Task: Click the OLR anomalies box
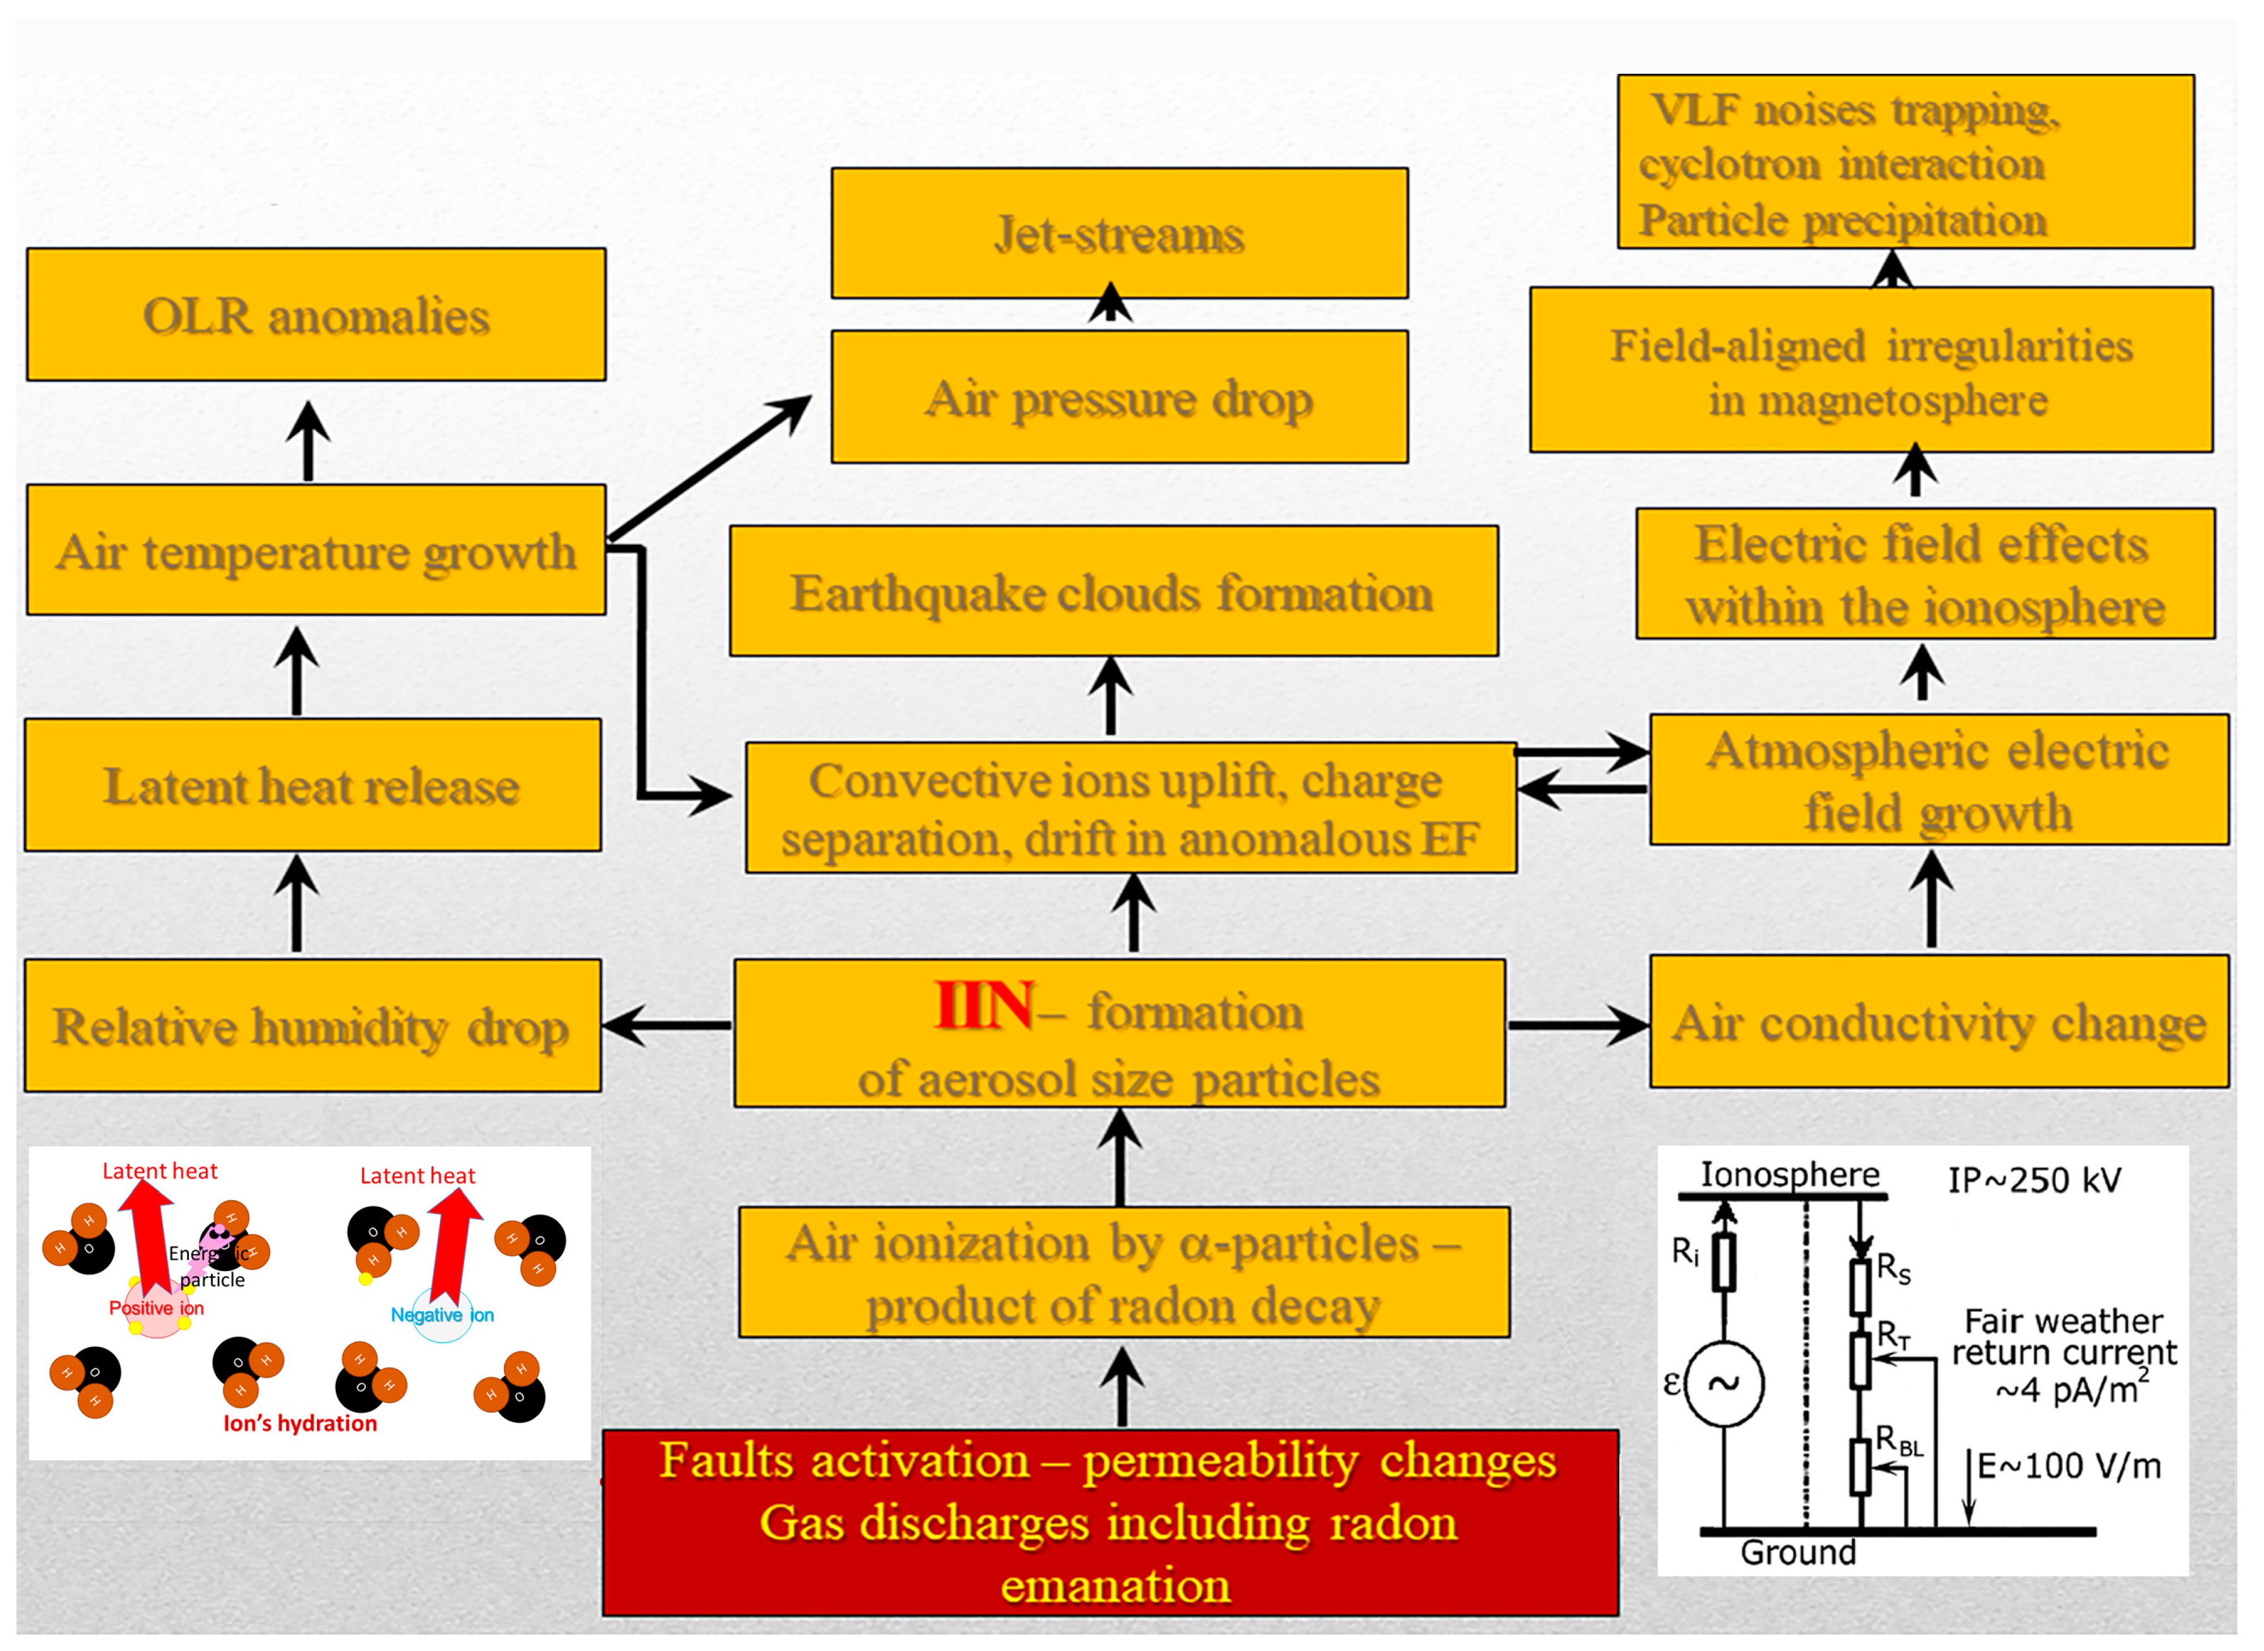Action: (x=316, y=315)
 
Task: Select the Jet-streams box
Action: (x=1119, y=234)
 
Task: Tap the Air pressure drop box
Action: (x=1119, y=398)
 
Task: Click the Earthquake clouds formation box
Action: (x=1113, y=592)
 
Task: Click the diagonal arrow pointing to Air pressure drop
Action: (x=709, y=468)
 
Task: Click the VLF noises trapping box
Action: (x=1905, y=162)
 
